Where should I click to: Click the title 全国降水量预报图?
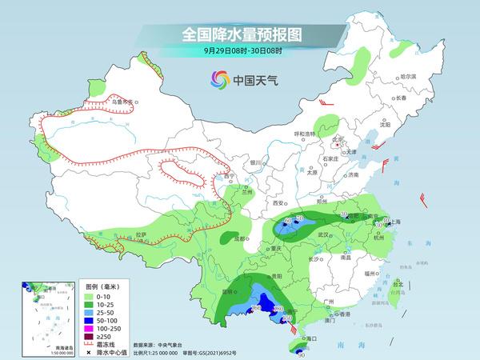point(240,34)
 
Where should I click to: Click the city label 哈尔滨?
point(408,75)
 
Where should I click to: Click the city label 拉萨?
point(141,234)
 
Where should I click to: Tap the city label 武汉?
point(323,234)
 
